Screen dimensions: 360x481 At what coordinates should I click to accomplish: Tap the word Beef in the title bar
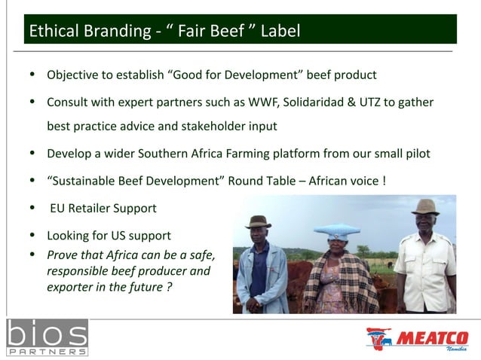click(x=226, y=31)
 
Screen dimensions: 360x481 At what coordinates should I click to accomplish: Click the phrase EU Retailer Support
click(x=103, y=208)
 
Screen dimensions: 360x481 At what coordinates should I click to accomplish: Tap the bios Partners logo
click(x=47, y=337)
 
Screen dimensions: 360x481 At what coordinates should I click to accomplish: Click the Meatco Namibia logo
click(x=417, y=339)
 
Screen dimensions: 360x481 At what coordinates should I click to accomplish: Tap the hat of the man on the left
click(x=258, y=221)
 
